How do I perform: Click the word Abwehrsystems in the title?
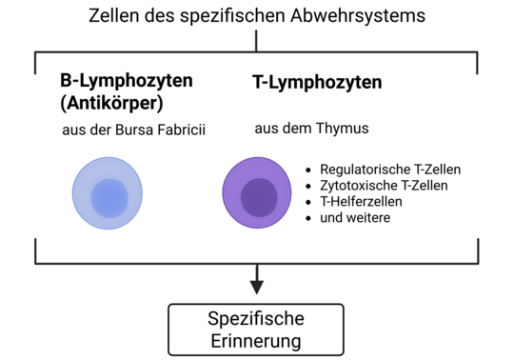pos(349,16)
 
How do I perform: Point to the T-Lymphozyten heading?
pos(317,83)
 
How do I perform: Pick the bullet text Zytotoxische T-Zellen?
pos(384,185)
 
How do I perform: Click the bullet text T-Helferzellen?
pos(361,201)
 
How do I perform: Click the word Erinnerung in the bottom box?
pos(256,340)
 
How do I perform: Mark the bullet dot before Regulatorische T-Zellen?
pos(308,170)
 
